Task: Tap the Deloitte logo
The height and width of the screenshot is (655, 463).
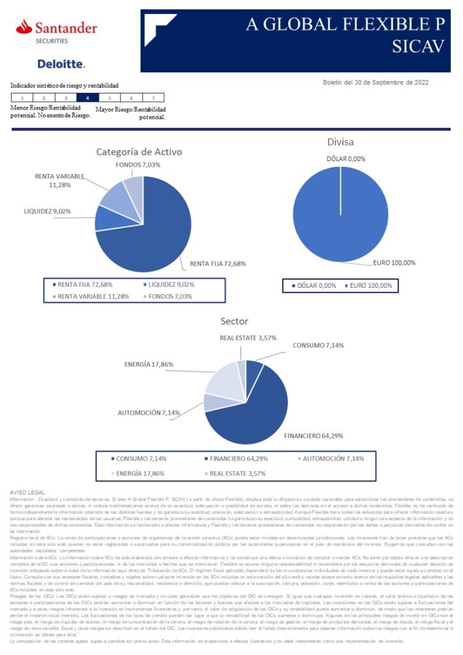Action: coord(61,64)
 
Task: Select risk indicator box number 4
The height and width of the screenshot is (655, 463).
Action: coord(87,98)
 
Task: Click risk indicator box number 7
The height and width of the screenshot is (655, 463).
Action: coord(153,98)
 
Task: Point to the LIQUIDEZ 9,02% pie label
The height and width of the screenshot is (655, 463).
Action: coord(48,210)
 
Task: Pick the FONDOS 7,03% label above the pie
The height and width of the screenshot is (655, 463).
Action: coord(138,165)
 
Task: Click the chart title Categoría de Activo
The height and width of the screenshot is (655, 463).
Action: coord(139,152)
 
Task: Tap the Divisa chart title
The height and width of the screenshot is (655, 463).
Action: coord(340,142)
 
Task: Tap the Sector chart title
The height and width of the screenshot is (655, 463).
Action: coord(234,321)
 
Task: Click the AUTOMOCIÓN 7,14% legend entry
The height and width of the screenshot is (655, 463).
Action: coord(328,459)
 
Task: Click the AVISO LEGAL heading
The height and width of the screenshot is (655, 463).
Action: coord(28,491)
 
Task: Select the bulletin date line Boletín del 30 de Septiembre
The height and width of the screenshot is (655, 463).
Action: coord(376,82)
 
